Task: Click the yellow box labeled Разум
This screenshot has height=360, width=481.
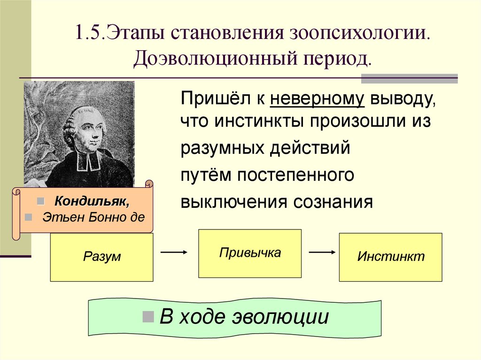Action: pos(101,257)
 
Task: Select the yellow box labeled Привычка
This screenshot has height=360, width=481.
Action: pos(250,253)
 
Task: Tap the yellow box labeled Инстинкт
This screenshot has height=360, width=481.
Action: pos(390,257)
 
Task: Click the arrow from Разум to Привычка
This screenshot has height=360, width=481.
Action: pos(174,252)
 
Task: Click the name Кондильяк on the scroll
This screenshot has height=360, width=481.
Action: pos(92,201)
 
